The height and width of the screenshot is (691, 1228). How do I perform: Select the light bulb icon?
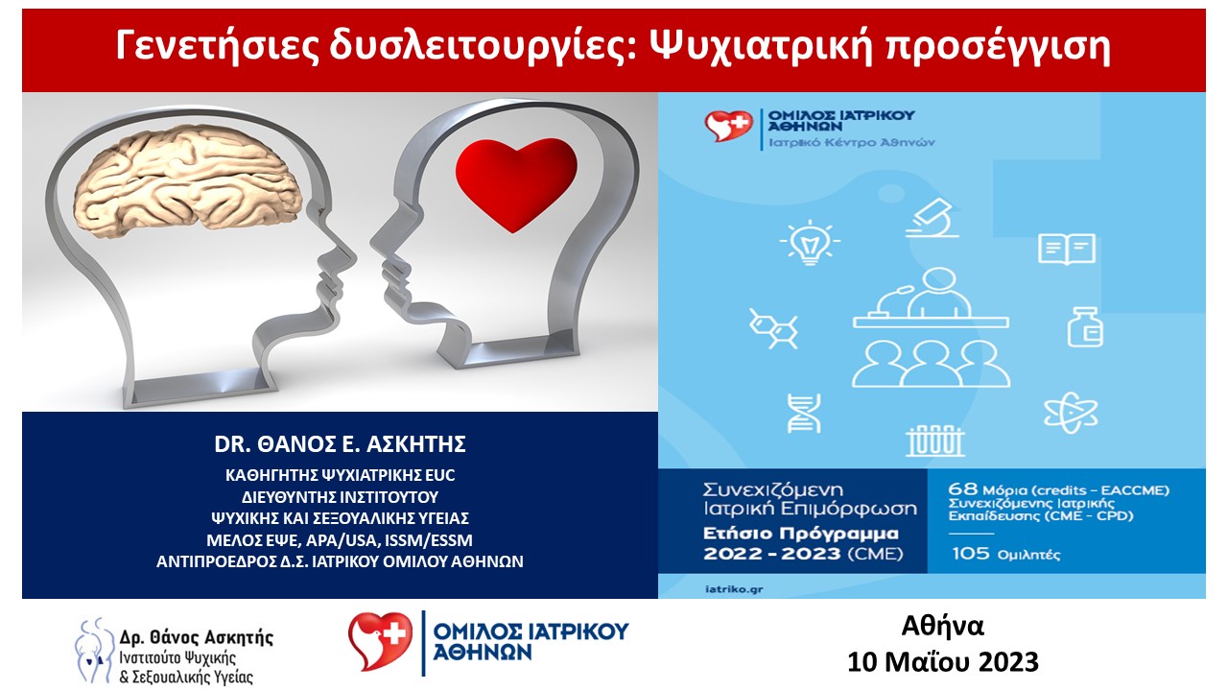pos(810,242)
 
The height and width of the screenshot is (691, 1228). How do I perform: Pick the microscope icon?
pos(932,218)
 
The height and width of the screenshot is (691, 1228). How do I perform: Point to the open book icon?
pos(1067,250)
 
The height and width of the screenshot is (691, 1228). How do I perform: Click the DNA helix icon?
pos(804,413)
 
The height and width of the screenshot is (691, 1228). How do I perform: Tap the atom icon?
pos(1071,413)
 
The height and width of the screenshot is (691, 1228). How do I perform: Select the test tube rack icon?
pos(934,441)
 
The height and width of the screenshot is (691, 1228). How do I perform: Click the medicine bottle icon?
pos(1085,327)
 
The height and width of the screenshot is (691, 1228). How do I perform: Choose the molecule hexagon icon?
pos(773,328)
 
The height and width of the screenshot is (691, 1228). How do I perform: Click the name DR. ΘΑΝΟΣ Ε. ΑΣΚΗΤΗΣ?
pos(340,444)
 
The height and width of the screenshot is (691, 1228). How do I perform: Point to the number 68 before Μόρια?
pos(963,488)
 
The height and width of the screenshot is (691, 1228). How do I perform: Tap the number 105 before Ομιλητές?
pos(971,553)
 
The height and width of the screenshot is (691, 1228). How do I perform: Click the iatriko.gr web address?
pos(734,589)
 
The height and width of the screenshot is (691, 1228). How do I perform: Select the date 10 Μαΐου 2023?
pos(943,662)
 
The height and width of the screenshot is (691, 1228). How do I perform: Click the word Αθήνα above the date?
pos(943,626)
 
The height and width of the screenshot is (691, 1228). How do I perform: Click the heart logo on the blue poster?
pos(728,126)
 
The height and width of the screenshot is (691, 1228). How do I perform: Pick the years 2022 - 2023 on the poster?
pos(772,554)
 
